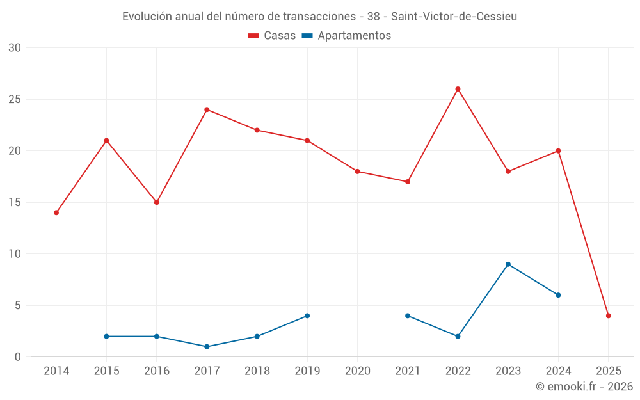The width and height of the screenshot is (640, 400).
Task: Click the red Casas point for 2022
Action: (x=458, y=89)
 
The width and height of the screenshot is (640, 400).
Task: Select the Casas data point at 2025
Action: (x=608, y=316)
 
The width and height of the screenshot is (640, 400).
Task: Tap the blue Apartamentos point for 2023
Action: (x=508, y=264)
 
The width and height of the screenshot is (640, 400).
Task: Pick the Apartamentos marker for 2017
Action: (x=207, y=346)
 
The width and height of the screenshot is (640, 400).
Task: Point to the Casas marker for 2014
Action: (x=56, y=212)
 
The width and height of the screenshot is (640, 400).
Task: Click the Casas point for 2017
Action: (x=207, y=109)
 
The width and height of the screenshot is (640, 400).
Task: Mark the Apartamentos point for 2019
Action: (x=307, y=316)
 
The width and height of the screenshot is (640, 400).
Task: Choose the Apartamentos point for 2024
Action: (x=558, y=295)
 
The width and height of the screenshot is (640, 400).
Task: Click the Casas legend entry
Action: (x=272, y=36)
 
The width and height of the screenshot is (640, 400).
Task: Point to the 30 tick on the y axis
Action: (x=15, y=48)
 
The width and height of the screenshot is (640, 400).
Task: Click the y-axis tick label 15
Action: (x=15, y=202)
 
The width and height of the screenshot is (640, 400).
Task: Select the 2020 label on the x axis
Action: (x=357, y=371)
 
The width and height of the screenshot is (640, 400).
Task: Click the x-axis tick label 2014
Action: (x=56, y=371)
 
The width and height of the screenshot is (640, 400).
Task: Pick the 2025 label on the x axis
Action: (x=608, y=371)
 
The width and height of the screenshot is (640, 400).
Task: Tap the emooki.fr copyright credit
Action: (x=584, y=387)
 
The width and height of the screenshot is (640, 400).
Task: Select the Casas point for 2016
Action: (x=157, y=202)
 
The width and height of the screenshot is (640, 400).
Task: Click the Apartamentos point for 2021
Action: (x=408, y=316)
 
